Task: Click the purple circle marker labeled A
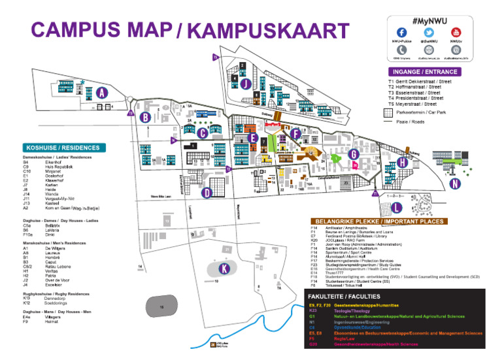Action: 101,93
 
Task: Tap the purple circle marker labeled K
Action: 225,269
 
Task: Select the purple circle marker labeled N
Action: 453,184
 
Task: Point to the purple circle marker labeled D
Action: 207,193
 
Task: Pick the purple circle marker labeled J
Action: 244,84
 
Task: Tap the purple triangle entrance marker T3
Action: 228,169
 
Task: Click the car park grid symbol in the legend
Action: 392,112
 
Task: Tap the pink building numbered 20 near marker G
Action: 356,166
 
